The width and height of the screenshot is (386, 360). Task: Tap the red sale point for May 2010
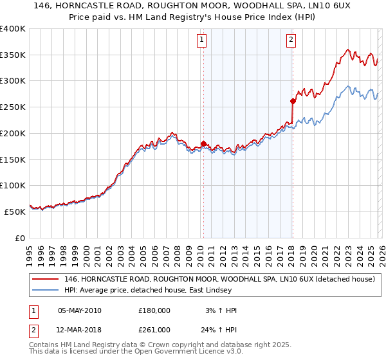coord(203,143)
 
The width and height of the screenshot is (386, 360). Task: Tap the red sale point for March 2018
coord(293,101)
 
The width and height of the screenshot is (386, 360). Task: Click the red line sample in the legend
coord(46,279)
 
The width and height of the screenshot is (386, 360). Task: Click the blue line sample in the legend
coord(46,290)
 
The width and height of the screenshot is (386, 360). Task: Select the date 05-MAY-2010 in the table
coord(80,310)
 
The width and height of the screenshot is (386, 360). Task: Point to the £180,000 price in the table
coord(154,310)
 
